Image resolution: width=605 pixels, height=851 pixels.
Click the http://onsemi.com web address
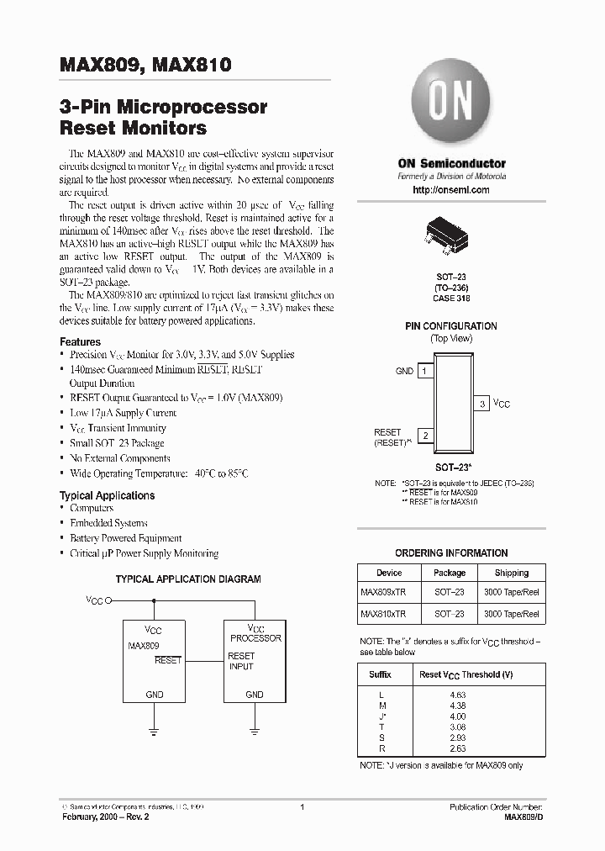point(451,190)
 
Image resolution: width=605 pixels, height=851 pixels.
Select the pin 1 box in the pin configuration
point(426,371)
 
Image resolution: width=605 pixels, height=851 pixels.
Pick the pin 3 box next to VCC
point(482,404)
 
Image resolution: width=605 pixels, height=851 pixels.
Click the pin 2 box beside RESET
point(426,436)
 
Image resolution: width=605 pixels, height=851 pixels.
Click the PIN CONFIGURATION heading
point(451,325)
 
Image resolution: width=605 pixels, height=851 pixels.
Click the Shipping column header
point(512,573)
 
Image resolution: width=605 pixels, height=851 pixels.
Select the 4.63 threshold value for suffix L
point(458,694)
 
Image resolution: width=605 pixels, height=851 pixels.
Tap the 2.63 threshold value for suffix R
point(458,748)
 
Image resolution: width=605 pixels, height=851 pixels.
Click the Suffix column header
point(380,674)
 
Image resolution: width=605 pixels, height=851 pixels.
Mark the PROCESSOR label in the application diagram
point(255,638)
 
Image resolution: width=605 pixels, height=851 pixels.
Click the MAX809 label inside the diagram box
point(143,646)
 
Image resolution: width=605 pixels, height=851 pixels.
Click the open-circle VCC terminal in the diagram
point(108,601)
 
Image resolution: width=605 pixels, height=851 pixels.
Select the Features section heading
point(80,342)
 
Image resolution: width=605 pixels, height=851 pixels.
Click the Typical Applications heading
point(107,495)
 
